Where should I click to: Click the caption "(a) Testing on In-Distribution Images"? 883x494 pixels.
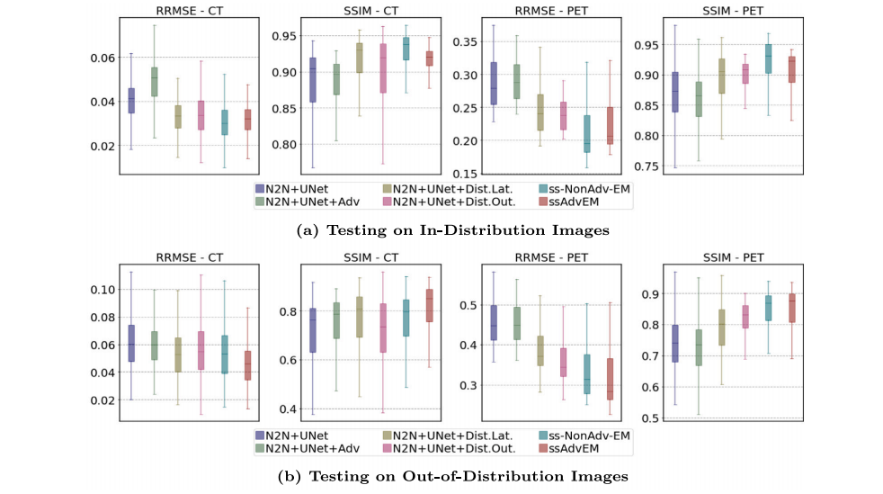[452, 230]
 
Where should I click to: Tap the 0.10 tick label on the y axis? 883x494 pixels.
[103, 290]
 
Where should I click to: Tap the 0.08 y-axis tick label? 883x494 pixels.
[103, 318]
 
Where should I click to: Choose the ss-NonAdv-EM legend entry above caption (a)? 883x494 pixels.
[584, 189]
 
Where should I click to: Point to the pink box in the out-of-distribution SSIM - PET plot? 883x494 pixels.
[745, 316]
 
